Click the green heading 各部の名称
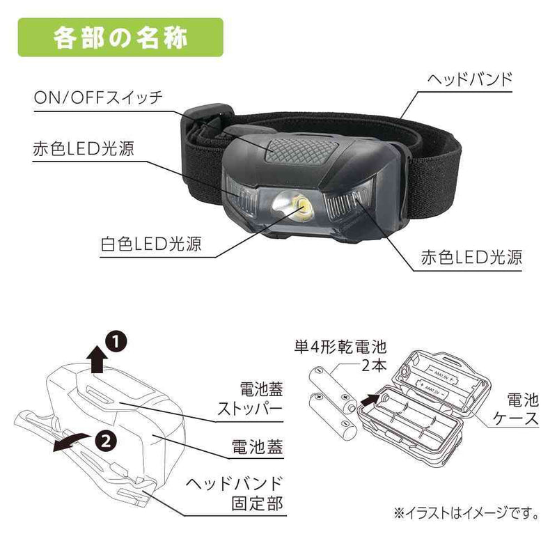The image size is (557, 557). [x=120, y=38]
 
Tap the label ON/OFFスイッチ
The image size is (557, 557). [x=98, y=97]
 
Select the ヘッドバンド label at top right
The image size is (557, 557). [x=469, y=79]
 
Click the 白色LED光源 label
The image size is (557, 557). [x=151, y=244]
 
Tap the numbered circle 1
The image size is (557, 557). [x=116, y=343]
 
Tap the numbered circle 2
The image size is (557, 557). [x=106, y=441]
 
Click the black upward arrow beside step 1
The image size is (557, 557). [x=97, y=359]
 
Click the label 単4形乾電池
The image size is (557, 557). [x=340, y=347]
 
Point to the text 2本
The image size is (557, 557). [x=374, y=365]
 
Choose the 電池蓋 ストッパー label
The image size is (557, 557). [x=250, y=399]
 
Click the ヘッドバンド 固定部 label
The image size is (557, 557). [x=235, y=494]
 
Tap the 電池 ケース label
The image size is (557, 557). [x=517, y=409]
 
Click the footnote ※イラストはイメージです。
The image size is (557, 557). [x=466, y=513]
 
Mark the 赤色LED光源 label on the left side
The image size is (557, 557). [x=84, y=149]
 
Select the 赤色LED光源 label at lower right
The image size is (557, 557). [x=471, y=257]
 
